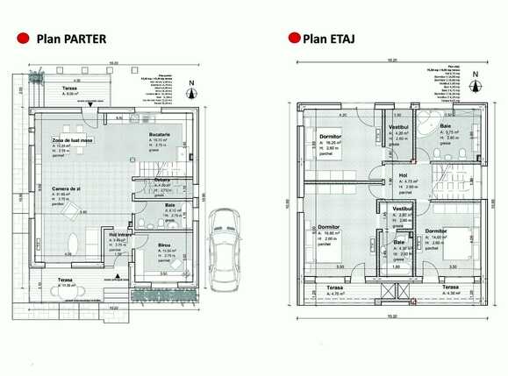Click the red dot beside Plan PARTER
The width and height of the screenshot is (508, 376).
pyautogui.click(x=21, y=39)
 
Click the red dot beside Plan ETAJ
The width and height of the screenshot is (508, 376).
pyautogui.click(x=291, y=39)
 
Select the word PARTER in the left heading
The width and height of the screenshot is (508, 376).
pyautogui.click(x=84, y=39)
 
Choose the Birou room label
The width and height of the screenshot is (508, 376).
pyautogui.click(x=164, y=245)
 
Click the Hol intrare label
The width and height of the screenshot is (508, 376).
pyautogui.click(x=119, y=236)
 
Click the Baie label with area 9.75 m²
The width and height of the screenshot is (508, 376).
pyautogui.click(x=447, y=127)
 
